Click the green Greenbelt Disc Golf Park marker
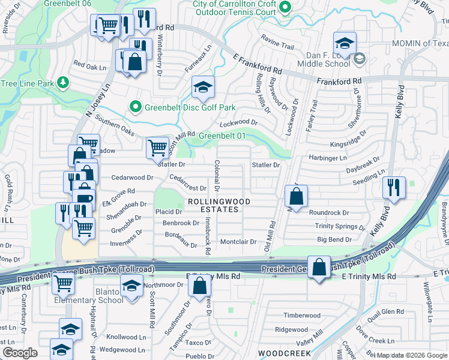[x=136, y=107]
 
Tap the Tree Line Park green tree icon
[x=62, y=83]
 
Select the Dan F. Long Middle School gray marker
[x=360, y=58]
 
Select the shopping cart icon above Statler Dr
[x=157, y=146]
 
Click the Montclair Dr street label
[x=238, y=242]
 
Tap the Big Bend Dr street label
[x=334, y=240]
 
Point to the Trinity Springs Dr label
[x=340, y=226]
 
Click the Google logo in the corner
[x=20, y=353]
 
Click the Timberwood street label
[x=302, y=316]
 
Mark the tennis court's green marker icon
[x=286, y=7]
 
